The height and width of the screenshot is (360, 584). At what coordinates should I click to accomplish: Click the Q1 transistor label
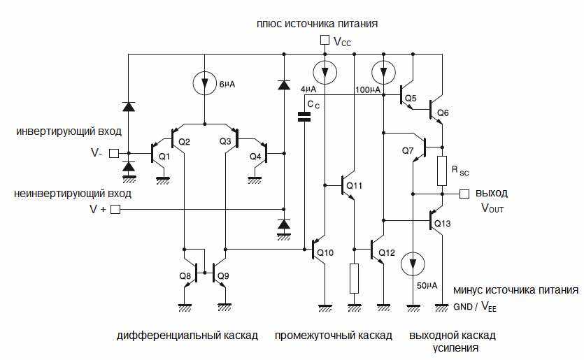click(x=164, y=157)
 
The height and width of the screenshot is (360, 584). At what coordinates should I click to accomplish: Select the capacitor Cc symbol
click(x=304, y=116)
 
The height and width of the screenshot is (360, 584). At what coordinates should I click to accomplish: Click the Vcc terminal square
click(x=324, y=41)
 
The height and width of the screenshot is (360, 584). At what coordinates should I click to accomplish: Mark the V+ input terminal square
click(x=116, y=209)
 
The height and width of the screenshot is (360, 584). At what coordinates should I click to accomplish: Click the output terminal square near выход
click(x=462, y=194)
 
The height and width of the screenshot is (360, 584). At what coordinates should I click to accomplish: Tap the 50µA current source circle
click(x=413, y=264)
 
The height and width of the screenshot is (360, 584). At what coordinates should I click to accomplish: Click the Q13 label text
click(x=443, y=224)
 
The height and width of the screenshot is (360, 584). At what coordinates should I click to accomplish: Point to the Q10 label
click(x=326, y=252)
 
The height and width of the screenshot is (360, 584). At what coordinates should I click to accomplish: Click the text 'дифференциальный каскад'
click(x=187, y=336)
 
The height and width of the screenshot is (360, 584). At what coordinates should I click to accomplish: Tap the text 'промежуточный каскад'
click(x=333, y=336)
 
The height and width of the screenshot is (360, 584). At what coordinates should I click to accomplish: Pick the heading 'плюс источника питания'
click(x=318, y=23)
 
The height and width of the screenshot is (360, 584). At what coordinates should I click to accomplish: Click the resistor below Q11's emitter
click(x=354, y=278)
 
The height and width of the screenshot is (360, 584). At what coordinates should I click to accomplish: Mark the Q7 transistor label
click(x=408, y=150)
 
